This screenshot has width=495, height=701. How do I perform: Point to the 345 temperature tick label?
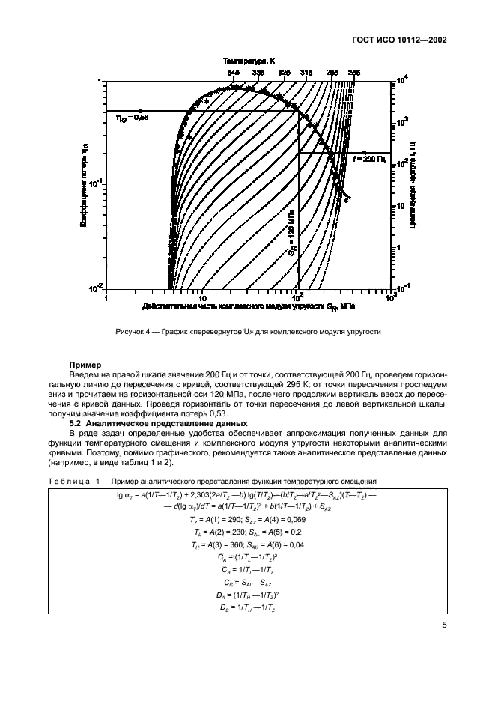click(233, 73)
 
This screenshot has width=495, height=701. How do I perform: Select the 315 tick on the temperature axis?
click(306, 73)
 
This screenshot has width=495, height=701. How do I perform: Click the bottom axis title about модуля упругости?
click(247, 306)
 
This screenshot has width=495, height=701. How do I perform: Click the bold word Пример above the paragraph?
click(85, 365)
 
